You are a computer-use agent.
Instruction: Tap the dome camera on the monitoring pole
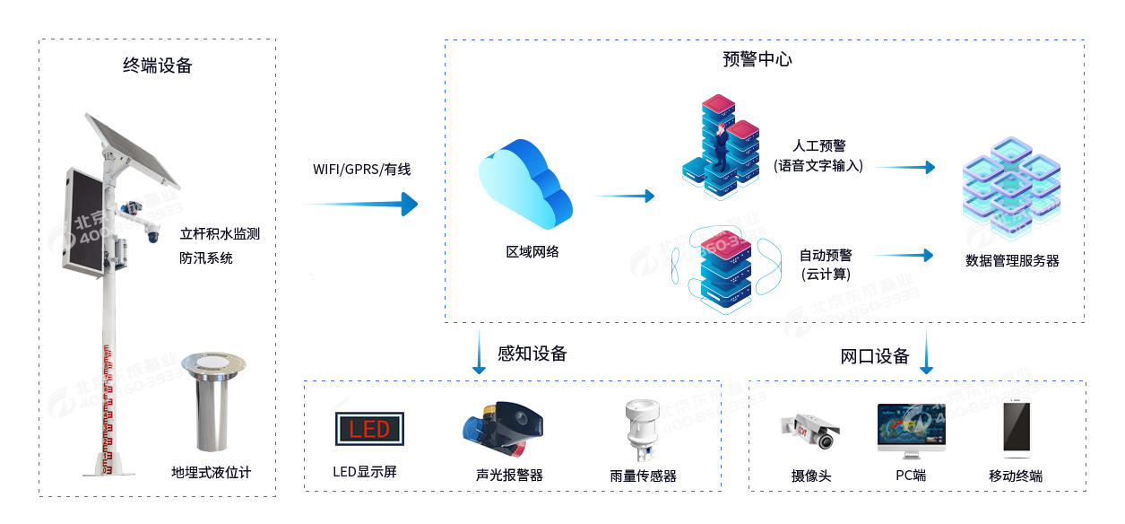151,236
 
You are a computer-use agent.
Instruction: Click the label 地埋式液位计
212,472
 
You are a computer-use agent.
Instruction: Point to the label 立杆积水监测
220,234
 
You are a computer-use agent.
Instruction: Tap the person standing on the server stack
720,147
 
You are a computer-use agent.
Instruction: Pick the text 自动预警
826,255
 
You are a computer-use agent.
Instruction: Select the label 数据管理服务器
1012,261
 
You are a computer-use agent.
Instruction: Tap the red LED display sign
369,429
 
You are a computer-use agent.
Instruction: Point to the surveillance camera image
810,432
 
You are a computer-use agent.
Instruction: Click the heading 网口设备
875,356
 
